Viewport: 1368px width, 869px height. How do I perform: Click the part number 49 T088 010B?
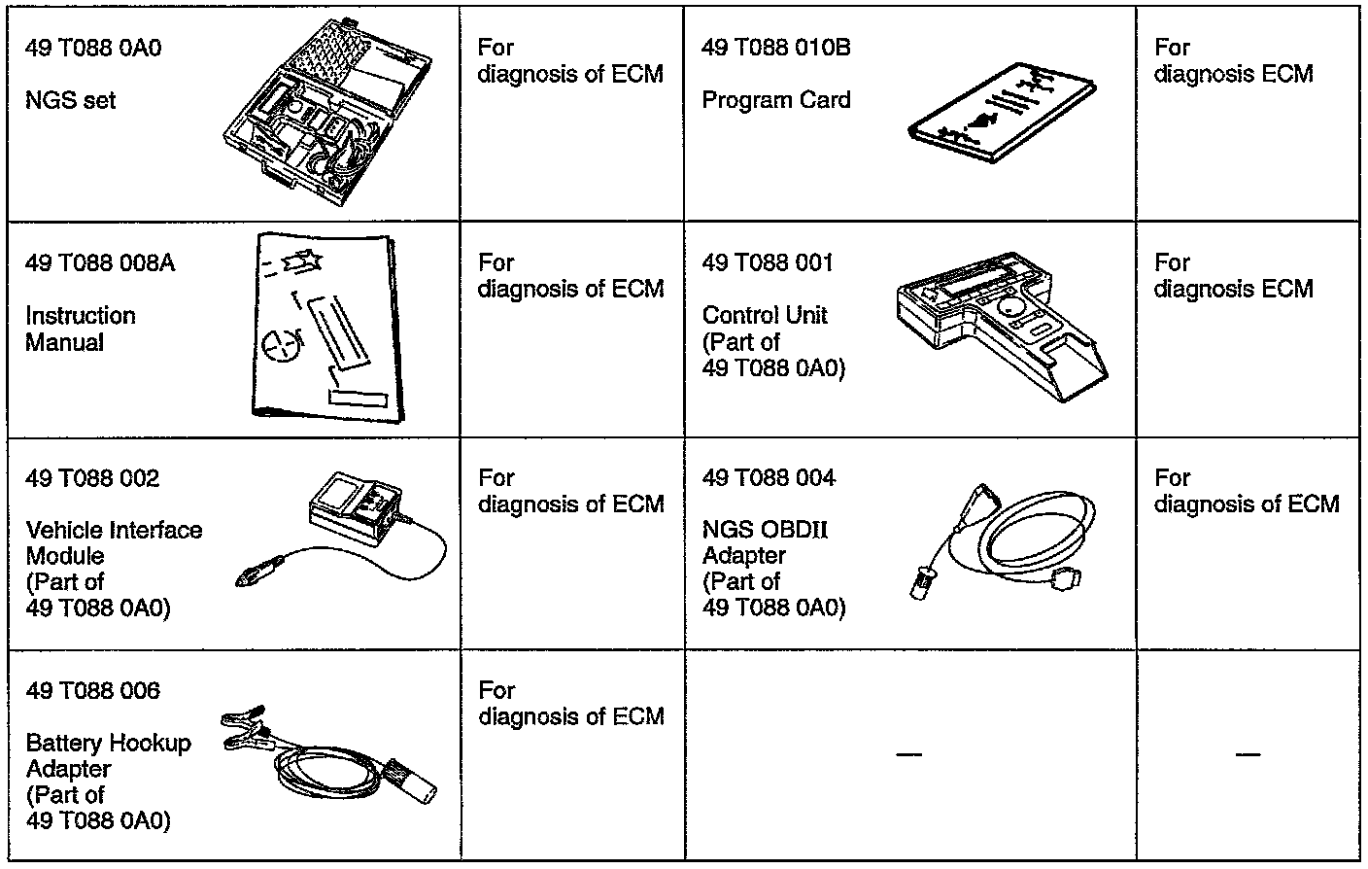775,48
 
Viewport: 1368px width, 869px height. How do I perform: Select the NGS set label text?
70,100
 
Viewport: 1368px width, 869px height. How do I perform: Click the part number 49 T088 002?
92,478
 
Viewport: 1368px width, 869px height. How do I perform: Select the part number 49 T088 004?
769,478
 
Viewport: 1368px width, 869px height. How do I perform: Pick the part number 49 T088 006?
92,691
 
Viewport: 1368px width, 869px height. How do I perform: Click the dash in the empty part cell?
908,754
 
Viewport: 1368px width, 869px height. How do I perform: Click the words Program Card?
775,100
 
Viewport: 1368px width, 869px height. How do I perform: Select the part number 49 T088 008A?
100,263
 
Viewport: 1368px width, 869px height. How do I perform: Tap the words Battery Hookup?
108,744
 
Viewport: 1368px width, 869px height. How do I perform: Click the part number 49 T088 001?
768,263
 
